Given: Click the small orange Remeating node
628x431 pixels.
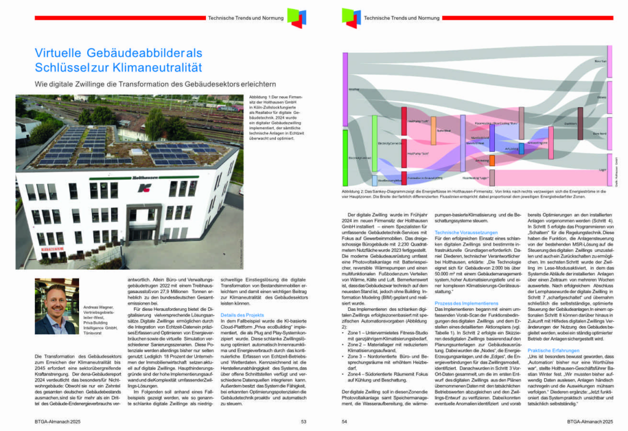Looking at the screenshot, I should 491,160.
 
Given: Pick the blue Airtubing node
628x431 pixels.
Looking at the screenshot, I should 522,148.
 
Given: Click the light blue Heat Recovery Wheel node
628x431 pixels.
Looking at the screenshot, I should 375,181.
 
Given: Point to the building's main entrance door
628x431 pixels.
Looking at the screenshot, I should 142,235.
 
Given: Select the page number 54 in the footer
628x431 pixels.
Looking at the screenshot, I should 343,422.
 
